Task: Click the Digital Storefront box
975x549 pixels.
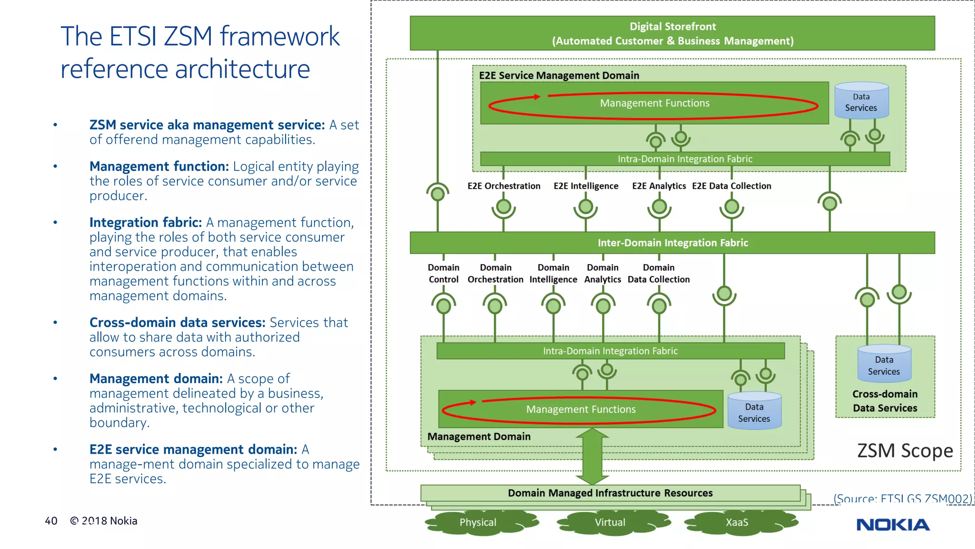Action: tap(672, 33)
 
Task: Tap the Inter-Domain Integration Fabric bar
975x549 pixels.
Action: tap(672, 243)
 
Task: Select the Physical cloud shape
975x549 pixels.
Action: tap(478, 522)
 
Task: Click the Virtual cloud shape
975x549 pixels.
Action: tap(610, 522)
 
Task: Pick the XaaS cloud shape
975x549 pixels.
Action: tap(737, 522)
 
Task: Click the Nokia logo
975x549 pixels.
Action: tap(893, 525)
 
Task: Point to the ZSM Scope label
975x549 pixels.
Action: tap(905, 451)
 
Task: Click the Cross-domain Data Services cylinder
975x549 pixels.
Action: tap(884, 365)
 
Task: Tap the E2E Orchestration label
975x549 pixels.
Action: tap(504, 186)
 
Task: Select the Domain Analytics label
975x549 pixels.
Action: tap(603, 274)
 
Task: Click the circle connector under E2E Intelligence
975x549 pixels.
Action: tap(586, 207)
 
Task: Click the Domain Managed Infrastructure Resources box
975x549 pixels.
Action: tap(610, 493)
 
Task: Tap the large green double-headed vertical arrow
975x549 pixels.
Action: tap(592, 456)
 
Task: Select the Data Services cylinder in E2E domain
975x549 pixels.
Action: tap(861, 102)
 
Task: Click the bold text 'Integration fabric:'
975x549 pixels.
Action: tap(146, 223)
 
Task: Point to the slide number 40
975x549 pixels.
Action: tap(51, 521)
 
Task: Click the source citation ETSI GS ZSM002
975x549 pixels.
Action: tap(902, 499)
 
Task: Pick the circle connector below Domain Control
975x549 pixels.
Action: tap(444, 305)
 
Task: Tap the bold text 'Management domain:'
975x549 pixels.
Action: tap(156, 379)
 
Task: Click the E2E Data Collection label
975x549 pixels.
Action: tap(731, 186)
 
